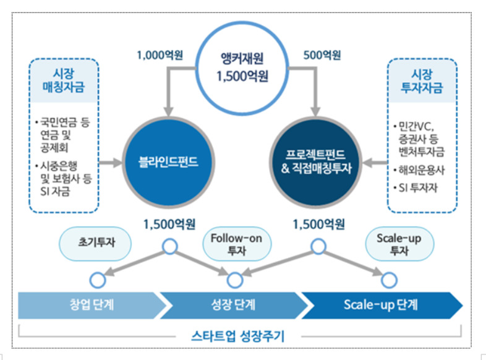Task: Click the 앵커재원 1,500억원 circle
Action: pos(242,68)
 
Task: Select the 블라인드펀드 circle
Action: pos(169,162)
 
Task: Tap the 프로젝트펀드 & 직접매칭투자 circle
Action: pos(316,162)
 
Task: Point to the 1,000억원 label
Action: pos(160,55)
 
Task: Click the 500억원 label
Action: pos(322,55)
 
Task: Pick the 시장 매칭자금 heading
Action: pos(64,80)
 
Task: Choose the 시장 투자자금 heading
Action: pos(422,81)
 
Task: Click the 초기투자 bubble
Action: pos(95,244)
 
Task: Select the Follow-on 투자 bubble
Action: pos(237,244)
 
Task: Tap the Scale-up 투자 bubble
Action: pos(399,244)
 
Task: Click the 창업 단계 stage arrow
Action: pos(92,305)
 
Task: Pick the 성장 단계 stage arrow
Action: pos(234,305)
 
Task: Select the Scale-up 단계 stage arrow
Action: pos(382,305)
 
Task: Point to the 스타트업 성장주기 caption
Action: pos(237,336)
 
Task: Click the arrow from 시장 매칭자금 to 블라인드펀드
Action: pos(111,163)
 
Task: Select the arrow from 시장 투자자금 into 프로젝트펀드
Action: pos(375,163)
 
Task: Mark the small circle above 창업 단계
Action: pos(97,280)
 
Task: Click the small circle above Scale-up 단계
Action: pos(389,280)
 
